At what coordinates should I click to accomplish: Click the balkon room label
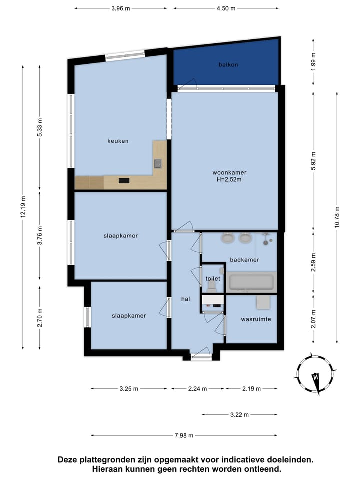[228, 65]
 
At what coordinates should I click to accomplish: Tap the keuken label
[118, 141]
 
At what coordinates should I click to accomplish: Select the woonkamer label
[229, 172]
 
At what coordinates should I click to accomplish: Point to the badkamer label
[244, 260]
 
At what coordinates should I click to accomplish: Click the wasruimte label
[256, 319]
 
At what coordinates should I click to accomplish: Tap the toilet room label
[213, 278]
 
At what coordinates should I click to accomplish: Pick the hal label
[186, 299]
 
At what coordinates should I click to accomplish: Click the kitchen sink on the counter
[158, 164]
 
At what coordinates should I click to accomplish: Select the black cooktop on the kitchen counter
[124, 181]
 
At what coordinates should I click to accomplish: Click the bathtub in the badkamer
[251, 282]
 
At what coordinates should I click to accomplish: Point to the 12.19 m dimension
[23, 207]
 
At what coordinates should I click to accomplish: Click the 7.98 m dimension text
[184, 435]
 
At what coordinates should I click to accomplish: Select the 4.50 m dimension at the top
[226, 8]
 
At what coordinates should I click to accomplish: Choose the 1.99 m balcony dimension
[313, 62]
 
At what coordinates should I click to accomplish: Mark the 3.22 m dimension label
[239, 415]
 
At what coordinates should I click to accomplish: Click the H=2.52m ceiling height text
[229, 179]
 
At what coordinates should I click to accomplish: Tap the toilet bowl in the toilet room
[212, 287]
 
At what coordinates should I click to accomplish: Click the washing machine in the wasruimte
[263, 302]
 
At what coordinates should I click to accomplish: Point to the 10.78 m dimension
[337, 217]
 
